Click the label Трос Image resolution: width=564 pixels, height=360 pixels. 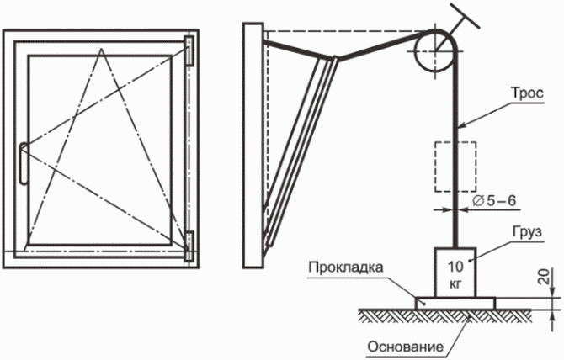(527, 93)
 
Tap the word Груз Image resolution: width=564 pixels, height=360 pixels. (527, 231)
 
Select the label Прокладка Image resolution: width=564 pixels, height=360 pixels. (346, 267)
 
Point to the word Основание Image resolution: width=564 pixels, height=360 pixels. (405, 347)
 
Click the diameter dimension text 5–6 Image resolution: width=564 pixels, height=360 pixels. (501, 201)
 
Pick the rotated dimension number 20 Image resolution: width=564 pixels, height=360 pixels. (546, 277)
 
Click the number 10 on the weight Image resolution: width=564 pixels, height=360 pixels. (455, 267)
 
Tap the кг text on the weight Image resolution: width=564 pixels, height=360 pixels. (455, 284)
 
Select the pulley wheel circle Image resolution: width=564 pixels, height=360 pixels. (415, 51)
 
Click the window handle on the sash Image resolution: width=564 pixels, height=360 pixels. (23, 163)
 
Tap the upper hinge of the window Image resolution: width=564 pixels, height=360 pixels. (189, 50)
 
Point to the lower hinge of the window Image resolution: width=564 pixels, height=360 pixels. (189, 246)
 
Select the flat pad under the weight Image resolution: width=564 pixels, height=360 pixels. (455, 303)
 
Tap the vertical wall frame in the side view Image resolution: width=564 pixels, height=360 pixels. (253, 146)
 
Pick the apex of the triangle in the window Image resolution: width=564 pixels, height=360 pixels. (102, 49)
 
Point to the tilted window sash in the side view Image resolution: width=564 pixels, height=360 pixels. (301, 151)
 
